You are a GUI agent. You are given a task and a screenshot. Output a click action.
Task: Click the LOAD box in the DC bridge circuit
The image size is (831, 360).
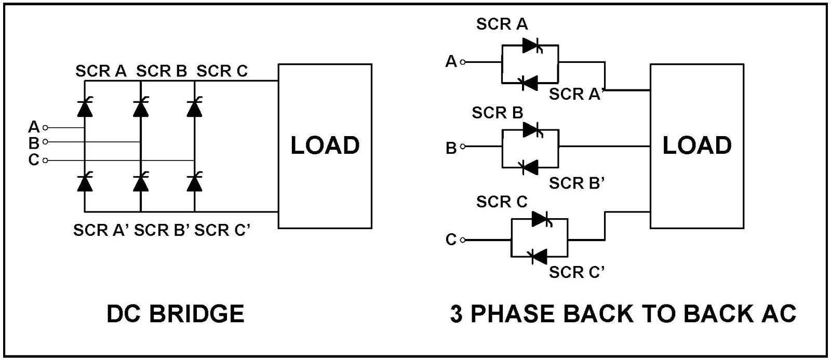(x=325, y=145)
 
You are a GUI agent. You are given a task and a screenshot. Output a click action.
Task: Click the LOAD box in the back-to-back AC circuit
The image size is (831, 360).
(x=696, y=145)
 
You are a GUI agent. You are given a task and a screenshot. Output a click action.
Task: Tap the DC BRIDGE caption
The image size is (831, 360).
(x=175, y=314)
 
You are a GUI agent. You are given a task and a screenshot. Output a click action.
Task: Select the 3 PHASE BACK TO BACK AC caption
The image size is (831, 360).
(x=623, y=314)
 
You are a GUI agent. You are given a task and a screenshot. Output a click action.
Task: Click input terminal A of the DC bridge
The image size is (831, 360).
(x=45, y=127)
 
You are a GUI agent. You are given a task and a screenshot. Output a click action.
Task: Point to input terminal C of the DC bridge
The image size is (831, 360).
(x=45, y=161)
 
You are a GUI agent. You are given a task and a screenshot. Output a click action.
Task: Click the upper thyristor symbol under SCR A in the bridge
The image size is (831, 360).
(x=85, y=108)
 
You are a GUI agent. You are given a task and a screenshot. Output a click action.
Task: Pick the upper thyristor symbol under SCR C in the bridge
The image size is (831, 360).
(x=194, y=108)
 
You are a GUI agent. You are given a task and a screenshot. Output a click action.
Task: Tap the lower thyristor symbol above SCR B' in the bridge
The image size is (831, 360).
(x=140, y=182)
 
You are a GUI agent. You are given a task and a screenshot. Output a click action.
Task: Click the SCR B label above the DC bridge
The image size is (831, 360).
(x=162, y=71)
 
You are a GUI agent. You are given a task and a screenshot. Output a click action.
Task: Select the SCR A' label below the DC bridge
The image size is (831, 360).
(x=101, y=230)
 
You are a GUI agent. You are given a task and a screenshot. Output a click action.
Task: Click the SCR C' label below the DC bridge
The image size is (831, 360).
(x=223, y=230)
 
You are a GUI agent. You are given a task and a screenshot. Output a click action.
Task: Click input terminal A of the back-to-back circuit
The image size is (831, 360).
(x=463, y=62)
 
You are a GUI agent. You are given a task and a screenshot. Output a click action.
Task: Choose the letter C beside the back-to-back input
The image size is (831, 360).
(x=451, y=240)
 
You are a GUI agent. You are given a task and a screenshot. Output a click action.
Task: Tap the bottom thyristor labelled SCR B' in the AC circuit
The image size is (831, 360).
(x=530, y=167)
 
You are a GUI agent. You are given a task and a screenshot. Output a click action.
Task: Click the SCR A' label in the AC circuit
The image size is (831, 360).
(x=575, y=94)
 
